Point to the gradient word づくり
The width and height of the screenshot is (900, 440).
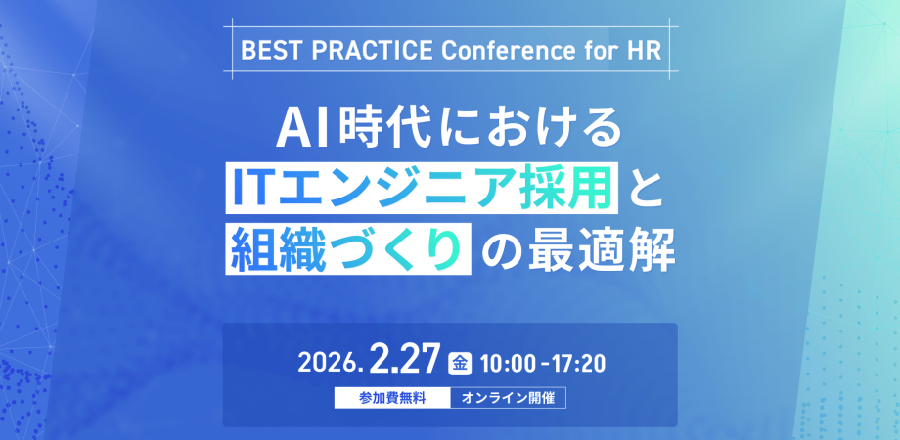[397, 250]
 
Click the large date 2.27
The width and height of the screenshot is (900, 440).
[405, 359]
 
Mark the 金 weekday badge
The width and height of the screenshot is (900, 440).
[459, 363]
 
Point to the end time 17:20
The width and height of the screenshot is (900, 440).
[580, 363]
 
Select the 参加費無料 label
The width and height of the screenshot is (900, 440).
[392, 398]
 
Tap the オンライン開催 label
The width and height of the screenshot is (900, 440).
[508, 398]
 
